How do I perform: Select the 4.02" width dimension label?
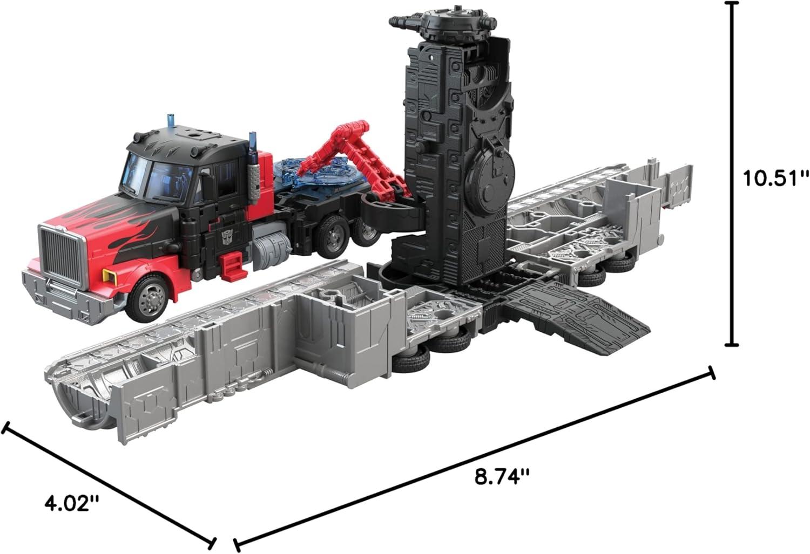click(71, 503)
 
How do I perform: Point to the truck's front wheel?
click(150, 298)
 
